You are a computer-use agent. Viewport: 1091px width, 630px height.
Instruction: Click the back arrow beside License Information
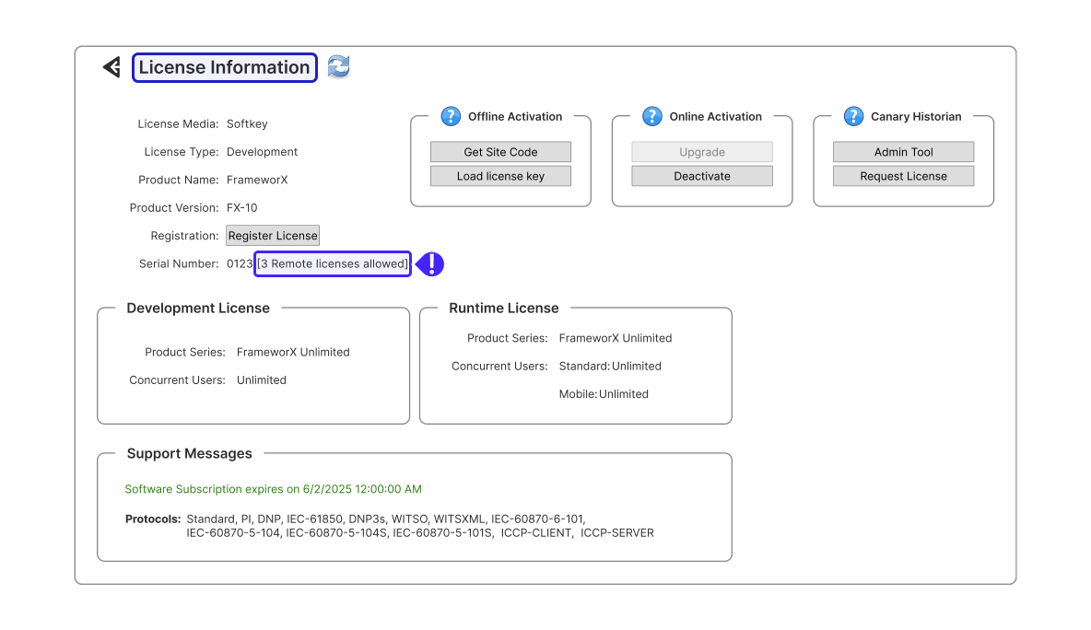112,67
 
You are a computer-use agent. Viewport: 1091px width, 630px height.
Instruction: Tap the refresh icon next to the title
339,66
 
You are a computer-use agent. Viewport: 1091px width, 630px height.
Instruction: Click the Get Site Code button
500,152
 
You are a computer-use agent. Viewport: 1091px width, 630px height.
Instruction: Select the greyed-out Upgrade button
702,152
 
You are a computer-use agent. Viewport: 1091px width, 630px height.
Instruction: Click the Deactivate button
702,176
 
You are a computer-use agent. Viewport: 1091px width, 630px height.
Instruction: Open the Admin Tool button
903,152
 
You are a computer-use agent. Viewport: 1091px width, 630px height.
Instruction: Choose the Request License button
903,176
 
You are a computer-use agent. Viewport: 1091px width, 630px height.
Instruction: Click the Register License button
273,236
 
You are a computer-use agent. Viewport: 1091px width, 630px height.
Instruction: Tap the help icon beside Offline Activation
451,116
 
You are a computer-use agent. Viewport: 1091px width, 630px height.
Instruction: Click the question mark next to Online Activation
652,116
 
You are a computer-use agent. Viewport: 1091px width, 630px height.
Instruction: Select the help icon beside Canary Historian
854,116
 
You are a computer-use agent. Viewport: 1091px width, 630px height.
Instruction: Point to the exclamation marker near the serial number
430,264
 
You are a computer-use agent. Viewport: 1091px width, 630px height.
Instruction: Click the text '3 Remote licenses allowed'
333,263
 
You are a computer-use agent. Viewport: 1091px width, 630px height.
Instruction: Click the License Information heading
224,67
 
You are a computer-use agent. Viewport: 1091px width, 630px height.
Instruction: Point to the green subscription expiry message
274,489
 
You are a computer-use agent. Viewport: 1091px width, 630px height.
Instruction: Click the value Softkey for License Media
247,123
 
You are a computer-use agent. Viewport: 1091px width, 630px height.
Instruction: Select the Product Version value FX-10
242,207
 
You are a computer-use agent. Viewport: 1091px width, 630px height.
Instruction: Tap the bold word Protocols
153,519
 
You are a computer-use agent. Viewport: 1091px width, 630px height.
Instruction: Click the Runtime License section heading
504,308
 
